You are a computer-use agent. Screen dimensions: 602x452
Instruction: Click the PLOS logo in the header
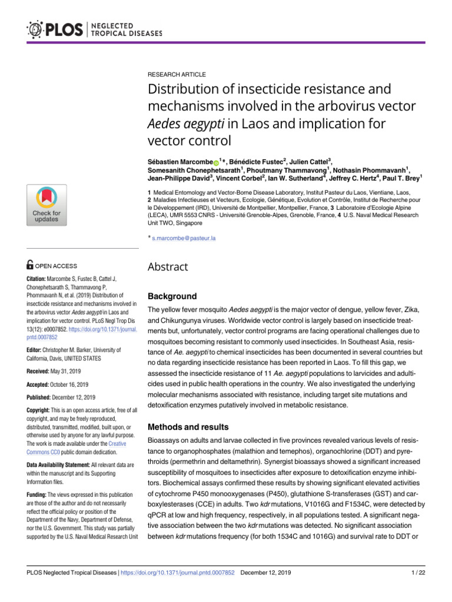56,28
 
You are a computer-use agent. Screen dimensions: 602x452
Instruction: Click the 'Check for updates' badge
46,206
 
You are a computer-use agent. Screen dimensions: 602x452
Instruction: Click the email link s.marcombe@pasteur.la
184,238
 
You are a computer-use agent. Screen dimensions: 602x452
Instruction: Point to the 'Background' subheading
172,296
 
